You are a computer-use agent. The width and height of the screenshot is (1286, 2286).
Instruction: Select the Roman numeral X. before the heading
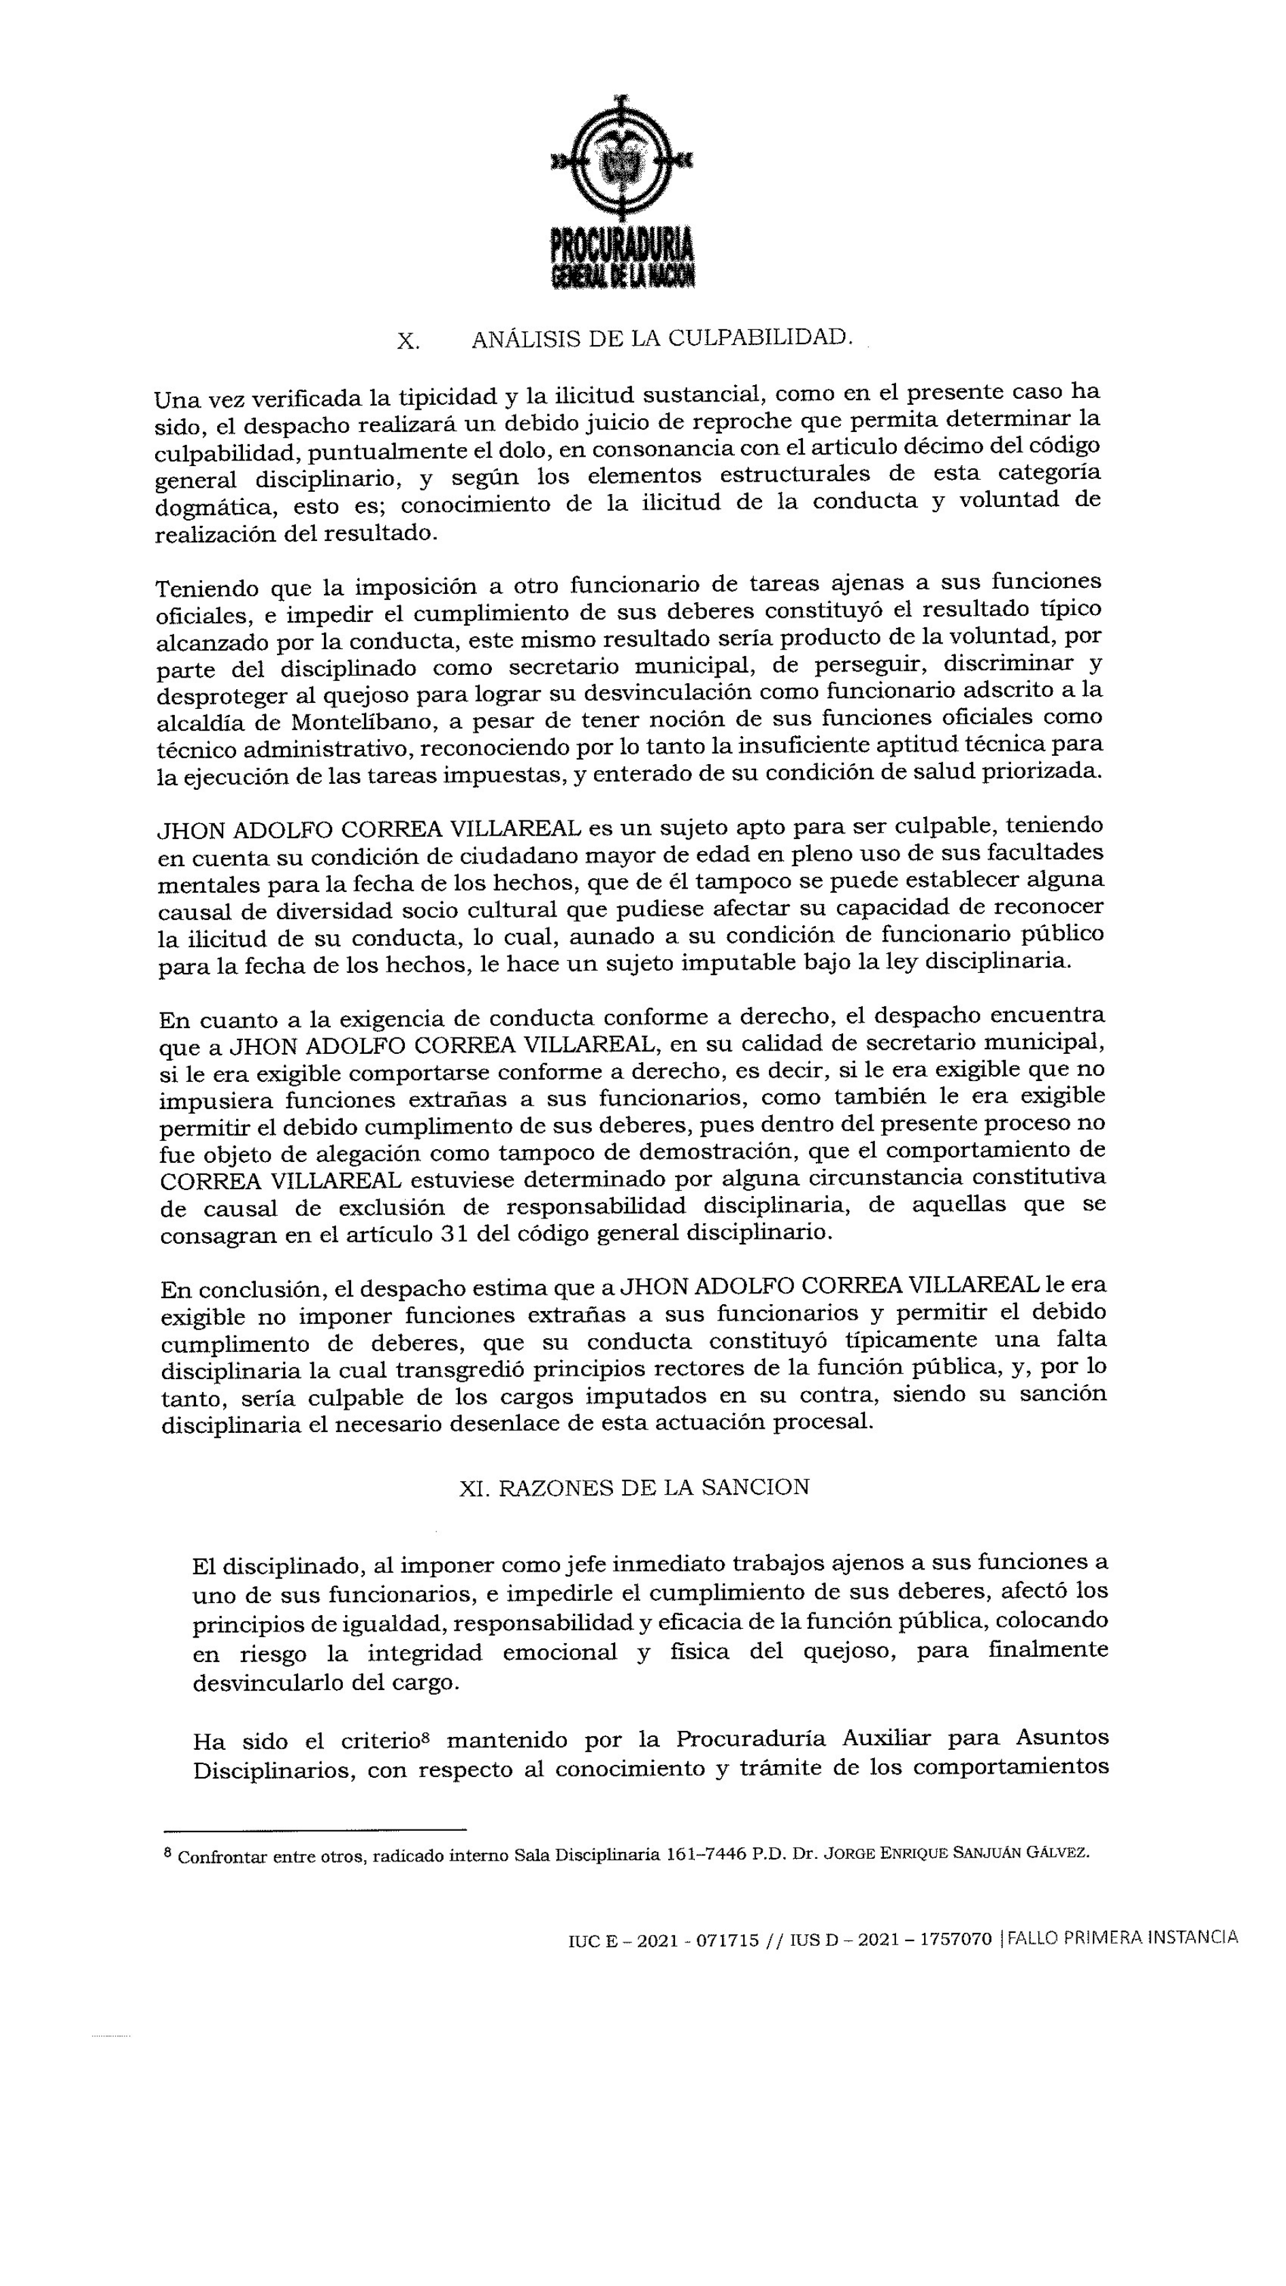tap(408, 341)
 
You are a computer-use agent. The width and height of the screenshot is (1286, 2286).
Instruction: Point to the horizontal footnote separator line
tap(315, 1829)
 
